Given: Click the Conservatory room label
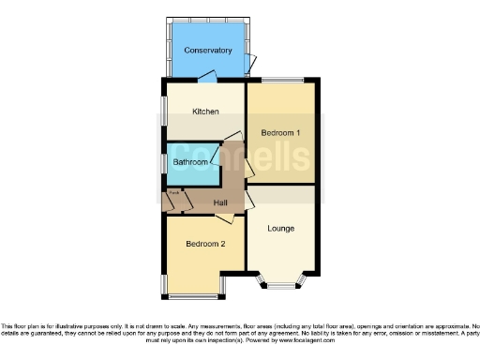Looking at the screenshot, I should [207, 50].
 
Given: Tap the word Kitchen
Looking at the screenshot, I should [205, 112].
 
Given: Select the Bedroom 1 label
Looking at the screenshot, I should [280, 133].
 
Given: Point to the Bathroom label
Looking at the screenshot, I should [191, 162].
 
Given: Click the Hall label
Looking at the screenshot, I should [221, 202].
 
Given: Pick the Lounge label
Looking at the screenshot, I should [280, 228].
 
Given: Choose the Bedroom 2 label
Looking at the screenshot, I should [204, 244].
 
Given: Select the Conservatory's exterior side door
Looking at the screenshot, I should [249, 63].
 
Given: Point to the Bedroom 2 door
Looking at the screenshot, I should [224, 218].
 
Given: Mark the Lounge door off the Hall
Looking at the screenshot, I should [249, 201].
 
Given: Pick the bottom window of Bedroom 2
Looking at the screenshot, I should [191, 296].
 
